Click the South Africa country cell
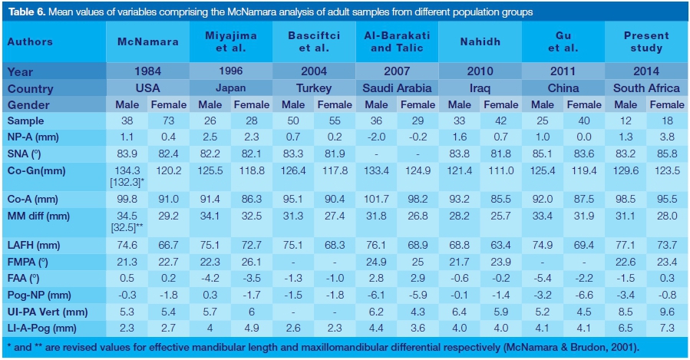click(647, 88)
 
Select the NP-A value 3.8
click(668, 137)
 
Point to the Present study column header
click(646, 42)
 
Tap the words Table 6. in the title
click(26, 12)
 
